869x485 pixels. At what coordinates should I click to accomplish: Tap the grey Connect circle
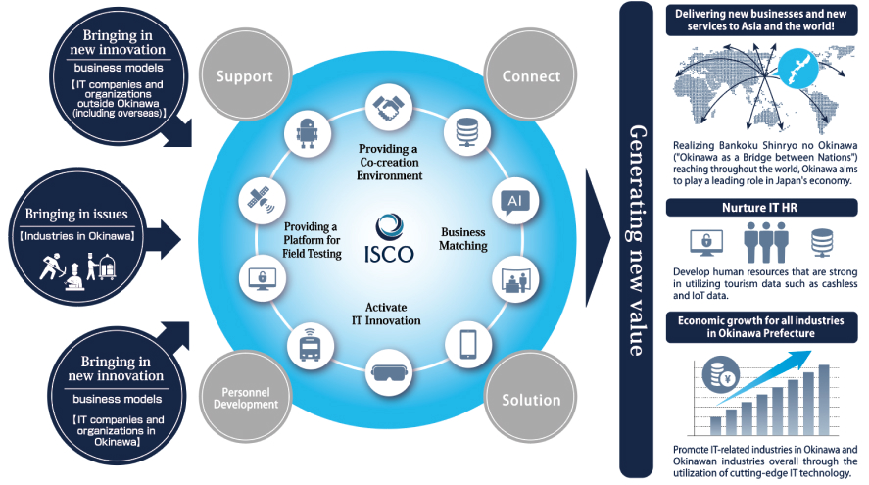point(531,74)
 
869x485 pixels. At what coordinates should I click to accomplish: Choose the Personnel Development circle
point(237,398)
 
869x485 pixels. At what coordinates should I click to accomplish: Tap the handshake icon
point(386,105)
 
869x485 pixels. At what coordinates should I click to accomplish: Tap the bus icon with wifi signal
point(309,344)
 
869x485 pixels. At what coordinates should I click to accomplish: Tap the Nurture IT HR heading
point(761,208)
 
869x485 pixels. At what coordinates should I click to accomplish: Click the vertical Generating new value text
point(637,241)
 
